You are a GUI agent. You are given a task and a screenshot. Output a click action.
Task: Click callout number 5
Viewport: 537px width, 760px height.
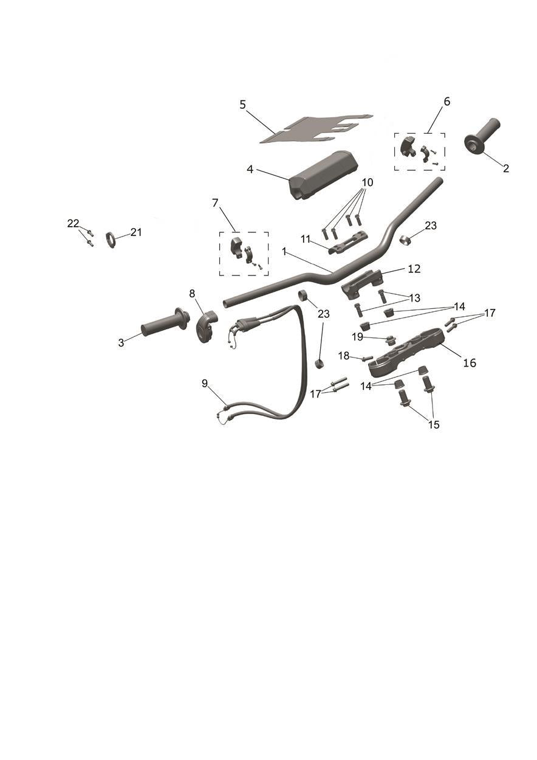coord(242,105)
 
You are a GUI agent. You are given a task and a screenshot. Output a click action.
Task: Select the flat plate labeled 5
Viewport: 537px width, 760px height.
coord(315,128)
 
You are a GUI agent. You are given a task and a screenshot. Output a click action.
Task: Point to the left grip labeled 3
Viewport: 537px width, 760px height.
coord(165,322)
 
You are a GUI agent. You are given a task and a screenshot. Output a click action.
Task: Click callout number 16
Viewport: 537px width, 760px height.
coord(470,363)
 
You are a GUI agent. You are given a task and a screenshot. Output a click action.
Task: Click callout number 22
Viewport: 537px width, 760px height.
coord(73,223)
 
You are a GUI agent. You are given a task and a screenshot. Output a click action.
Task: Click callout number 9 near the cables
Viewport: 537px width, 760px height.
coord(205,384)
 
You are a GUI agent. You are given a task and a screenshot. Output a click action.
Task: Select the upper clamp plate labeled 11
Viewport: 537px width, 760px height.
coord(349,242)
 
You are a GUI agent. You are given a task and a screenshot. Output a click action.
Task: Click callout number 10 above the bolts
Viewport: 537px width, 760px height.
coord(367,182)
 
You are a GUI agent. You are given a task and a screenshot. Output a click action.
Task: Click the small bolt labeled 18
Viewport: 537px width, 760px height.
coord(368,358)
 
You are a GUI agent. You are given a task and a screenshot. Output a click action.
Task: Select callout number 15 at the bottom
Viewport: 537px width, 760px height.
coord(434,424)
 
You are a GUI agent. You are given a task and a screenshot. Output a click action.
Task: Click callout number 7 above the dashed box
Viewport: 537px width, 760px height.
coord(215,203)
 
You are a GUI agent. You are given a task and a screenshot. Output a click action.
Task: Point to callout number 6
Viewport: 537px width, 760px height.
coord(446,102)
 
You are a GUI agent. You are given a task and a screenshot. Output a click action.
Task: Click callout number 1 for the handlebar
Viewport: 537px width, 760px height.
coord(284,251)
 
